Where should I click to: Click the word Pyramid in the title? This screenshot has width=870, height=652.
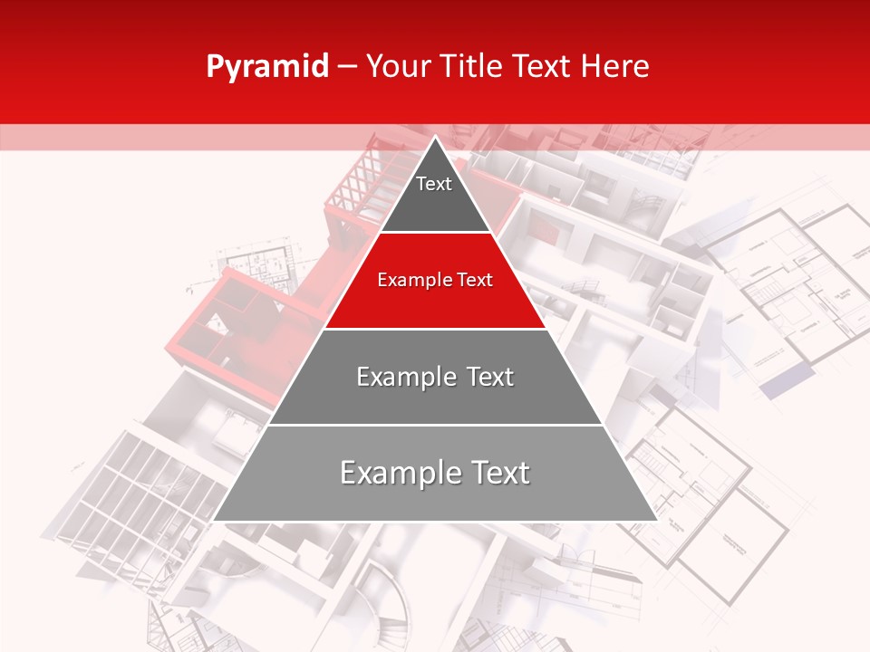pyautogui.click(x=267, y=67)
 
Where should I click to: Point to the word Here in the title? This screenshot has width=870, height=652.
pyautogui.click(x=616, y=67)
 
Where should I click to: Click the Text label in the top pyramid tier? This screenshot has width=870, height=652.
pyautogui.click(x=434, y=184)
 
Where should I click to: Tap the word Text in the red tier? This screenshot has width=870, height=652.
pyautogui.click(x=474, y=280)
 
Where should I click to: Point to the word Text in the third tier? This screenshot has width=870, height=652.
pyautogui.click(x=490, y=377)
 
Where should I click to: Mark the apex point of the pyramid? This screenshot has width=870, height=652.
pyautogui.click(x=435, y=138)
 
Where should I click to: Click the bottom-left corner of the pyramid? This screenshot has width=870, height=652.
pyautogui.click(x=215, y=520)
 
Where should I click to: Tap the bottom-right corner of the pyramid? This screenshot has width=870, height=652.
pyautogui.click(x=655, y=520)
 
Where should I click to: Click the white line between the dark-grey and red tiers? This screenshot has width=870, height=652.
pyautogui.click(x=435, y=233)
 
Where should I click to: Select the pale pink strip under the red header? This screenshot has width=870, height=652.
pyautogui.click(x=181, y=137)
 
